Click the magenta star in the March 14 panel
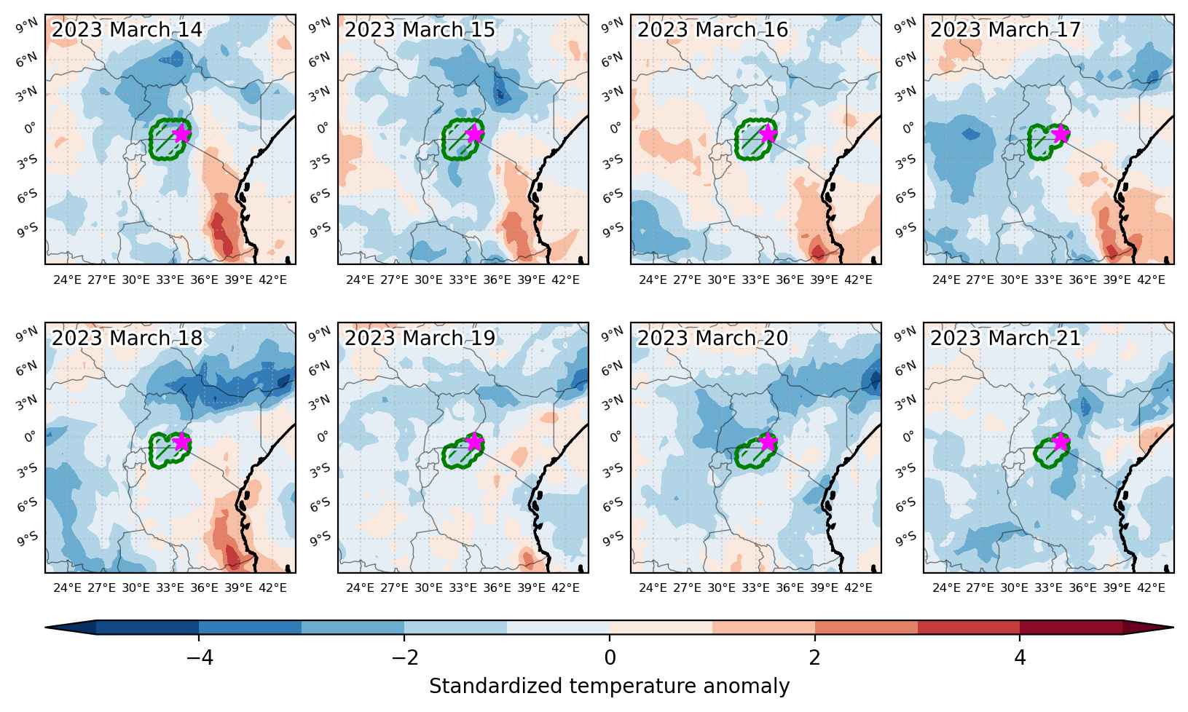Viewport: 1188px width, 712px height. click(x=182, y=134)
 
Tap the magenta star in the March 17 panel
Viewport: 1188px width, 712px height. click(x=1061, y=134)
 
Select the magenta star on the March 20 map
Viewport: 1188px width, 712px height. click(x=768, y=442)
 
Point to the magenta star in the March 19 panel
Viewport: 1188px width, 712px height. click(x=474, y=442)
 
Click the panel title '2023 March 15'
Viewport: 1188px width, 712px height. click(x=420, y=30)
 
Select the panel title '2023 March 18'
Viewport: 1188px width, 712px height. click(x=127, y=339)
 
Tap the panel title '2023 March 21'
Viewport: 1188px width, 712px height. click(x=1005, y=339)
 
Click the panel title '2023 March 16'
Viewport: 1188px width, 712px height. click(x=712, y=30)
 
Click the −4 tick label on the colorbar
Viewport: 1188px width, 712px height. click(x=200, y=658)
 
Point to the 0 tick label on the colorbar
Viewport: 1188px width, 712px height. click(x=610, y=658)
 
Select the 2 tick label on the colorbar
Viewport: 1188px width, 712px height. click(x=814, y=658)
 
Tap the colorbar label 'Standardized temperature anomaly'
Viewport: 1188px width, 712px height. click(x=610, y=687)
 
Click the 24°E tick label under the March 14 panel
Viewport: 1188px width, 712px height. click(x=67, y=280)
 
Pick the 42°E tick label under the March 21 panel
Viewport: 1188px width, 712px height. click(x=1151, y=588)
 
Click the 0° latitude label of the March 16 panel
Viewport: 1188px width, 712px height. click(x=615, y=128)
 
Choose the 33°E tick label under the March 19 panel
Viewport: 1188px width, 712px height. click(x=463, y=588)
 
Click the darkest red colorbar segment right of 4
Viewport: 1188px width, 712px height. click(x=1071, y=627)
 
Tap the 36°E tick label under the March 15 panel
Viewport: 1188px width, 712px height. click(x=497, y=280)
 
